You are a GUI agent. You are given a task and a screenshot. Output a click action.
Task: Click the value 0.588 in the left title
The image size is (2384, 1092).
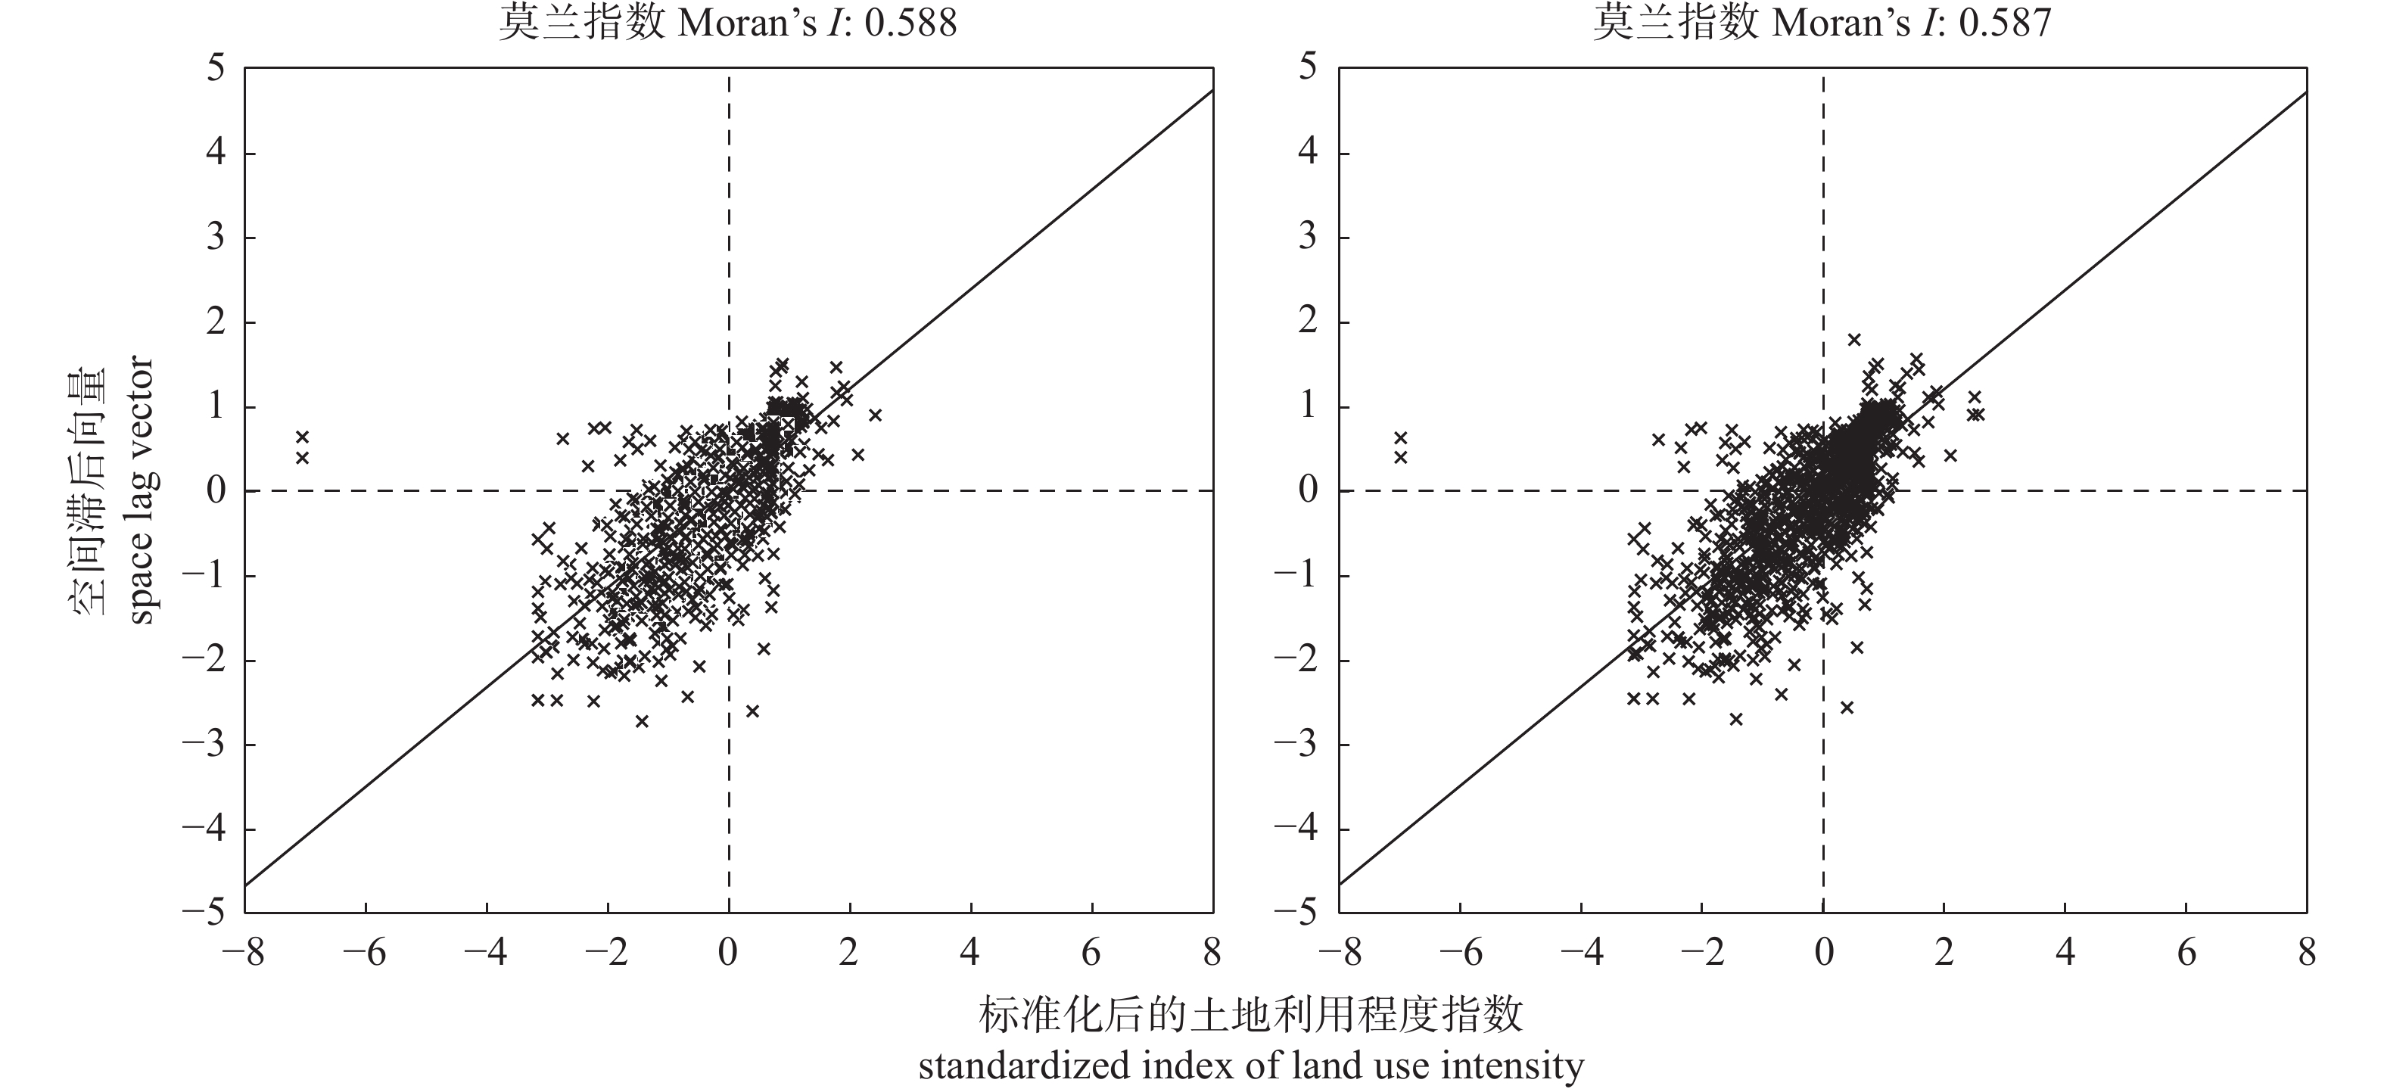click(910, 22)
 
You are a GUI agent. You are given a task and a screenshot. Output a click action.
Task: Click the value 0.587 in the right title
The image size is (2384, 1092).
click(2006, 22)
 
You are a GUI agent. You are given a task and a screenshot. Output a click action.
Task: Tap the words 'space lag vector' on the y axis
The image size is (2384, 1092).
click(141, 491)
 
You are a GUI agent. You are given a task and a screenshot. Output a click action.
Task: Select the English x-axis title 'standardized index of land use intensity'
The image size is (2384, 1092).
click(1250, 1066)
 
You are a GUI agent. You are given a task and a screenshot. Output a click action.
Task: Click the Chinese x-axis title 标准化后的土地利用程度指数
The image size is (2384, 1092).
click(1250, 1016)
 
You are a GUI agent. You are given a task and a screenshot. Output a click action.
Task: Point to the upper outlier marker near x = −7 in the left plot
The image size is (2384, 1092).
click(302, 437)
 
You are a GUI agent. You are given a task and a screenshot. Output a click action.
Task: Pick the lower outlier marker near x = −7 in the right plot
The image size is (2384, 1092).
click(1400, 457)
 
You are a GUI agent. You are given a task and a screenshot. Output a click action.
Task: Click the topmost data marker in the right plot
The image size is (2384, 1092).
click(1853, 340)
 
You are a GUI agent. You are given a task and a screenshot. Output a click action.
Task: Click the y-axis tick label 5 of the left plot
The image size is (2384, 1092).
click(216, 67)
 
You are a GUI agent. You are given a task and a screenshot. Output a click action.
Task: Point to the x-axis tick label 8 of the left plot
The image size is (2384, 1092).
click(1212, 951)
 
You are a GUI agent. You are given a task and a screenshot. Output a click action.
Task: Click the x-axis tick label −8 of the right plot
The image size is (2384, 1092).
click(1338, 951)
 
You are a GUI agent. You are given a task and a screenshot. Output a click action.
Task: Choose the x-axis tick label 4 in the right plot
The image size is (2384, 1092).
click(2065, 951)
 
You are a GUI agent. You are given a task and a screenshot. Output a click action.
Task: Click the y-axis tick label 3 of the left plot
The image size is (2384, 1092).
click(216, 238)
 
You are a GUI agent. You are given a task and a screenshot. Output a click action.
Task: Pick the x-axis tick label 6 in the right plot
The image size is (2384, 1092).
click(2186, 951)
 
